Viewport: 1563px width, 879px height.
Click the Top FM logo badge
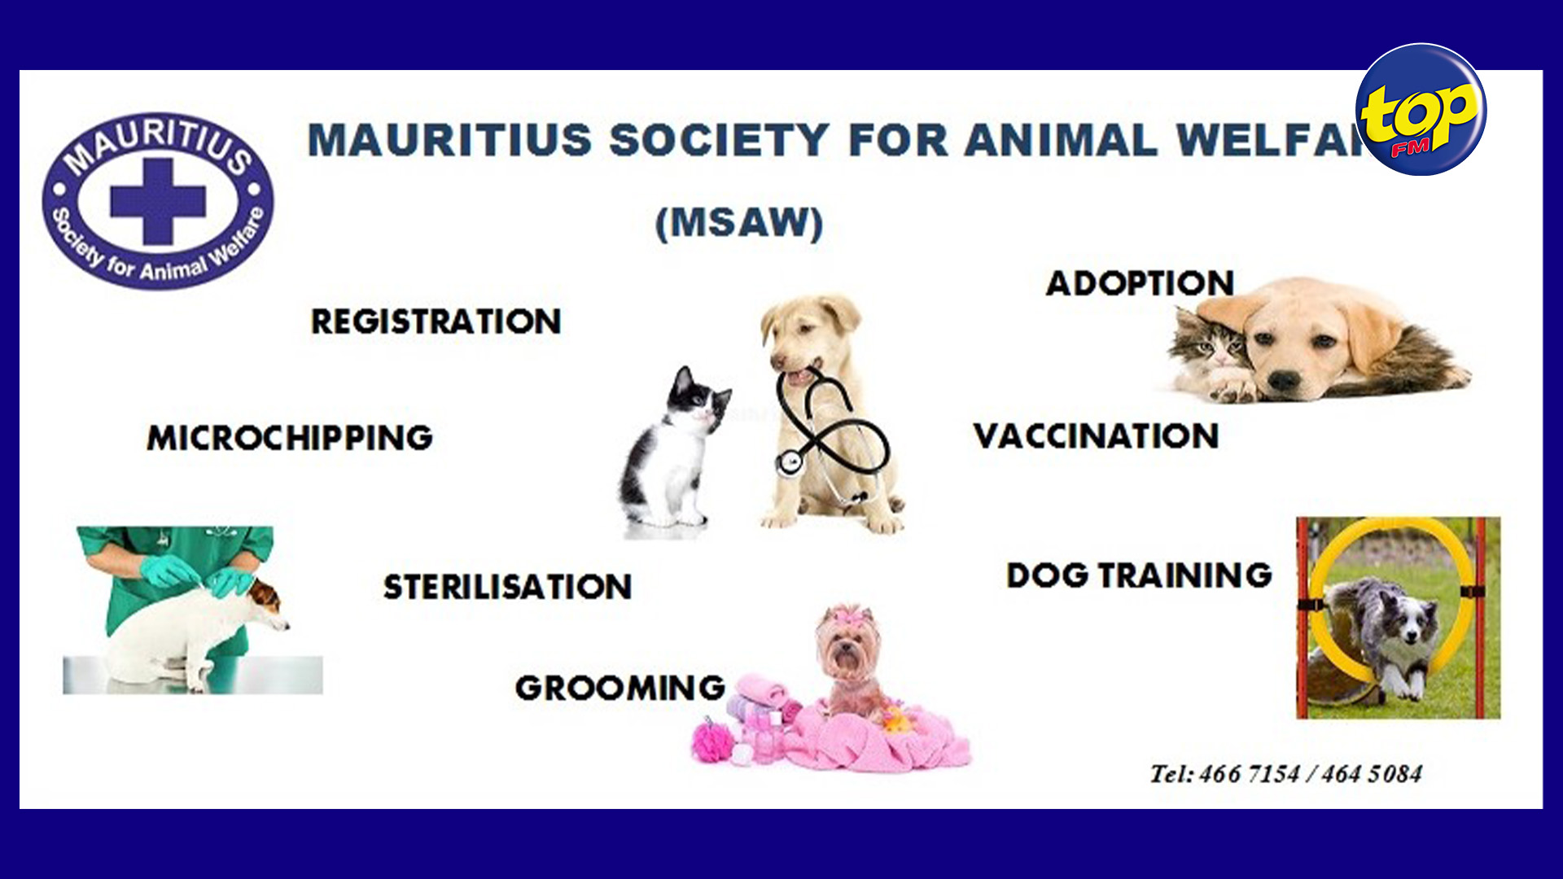[1421, 109]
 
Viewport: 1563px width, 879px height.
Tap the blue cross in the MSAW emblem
[157, 200]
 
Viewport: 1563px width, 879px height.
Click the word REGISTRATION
[436, 321]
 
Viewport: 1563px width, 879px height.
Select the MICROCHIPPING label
[290, 438]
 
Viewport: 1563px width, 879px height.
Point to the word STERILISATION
[507, 587]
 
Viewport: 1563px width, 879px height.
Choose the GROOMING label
[620, 689]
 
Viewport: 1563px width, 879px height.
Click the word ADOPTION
[1140, 283]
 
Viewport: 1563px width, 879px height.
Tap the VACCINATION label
[1096, 436]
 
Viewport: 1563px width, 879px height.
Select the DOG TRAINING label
[1139, 575]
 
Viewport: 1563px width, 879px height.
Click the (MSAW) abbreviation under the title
[739, 223]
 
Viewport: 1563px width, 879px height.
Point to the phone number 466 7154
[1250, 774]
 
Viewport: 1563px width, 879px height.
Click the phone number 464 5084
[1372, 774]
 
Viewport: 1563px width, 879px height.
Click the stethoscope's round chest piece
[789, 463]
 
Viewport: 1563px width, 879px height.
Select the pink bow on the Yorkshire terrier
[847, 616]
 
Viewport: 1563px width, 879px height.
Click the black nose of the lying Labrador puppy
[1284, 380]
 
